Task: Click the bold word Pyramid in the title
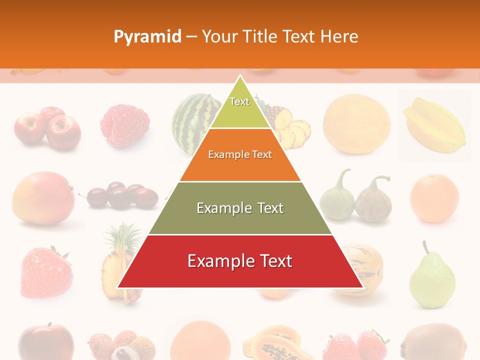tap(147, 36)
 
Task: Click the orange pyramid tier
tap(240, 155)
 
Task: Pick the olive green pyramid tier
tap(240, 208)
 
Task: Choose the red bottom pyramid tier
tap(240, 261)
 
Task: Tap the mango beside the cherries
tap(42, 197)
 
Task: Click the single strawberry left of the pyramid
tap(45, 272)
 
